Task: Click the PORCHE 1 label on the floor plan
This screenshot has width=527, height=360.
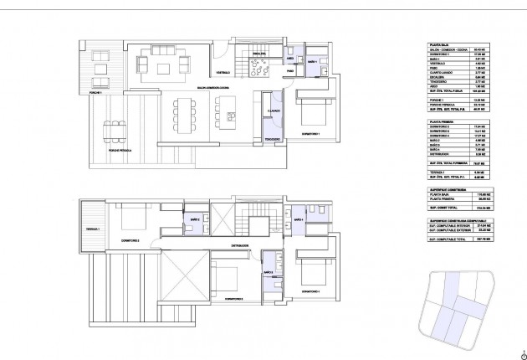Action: click(94, 91)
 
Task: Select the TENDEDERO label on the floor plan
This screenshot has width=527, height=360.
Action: click(271, 138)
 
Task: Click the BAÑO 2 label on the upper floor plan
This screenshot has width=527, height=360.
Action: click(195, 219)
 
